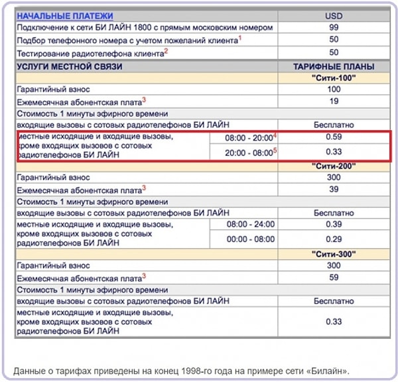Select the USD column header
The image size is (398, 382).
(333, 15)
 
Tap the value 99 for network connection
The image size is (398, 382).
(333, 28)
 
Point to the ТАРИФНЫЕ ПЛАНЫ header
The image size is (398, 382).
(334, 66)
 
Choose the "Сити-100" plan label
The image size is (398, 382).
(334, 78)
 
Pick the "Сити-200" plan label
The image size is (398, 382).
(334, 165)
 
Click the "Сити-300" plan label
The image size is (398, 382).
(334, 253)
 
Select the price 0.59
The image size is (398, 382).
(334, 137)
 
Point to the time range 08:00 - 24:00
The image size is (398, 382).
(250, 225)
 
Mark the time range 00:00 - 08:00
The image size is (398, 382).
(250, 239)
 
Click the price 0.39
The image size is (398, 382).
(334, 225)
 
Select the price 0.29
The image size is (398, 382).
(334, 239)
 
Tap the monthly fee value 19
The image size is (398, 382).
(334, 101)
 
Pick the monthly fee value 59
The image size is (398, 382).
(334, 277)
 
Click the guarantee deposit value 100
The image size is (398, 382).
(334, 90)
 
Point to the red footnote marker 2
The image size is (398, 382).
(166, 50)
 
